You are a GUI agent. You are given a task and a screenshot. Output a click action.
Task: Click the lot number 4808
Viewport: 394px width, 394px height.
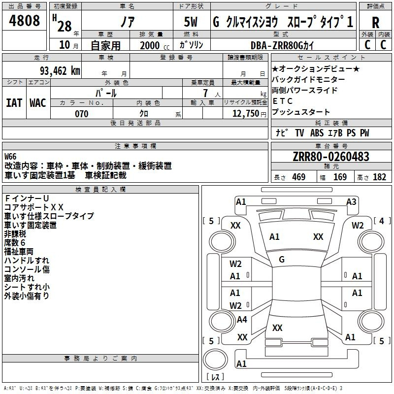[x=24, y=20]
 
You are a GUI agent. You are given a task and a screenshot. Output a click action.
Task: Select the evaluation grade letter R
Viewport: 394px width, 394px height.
[x=375, y=23]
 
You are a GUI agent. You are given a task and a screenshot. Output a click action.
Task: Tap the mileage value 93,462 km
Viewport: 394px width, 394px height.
[x=60, y=71]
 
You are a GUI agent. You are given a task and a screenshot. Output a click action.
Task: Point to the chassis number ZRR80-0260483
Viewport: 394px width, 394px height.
[x=331, y=156]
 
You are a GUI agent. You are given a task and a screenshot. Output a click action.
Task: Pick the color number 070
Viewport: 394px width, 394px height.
[x=82, y=114]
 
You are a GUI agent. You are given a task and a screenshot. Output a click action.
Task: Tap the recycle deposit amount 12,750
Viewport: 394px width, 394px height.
[x=246, y=114]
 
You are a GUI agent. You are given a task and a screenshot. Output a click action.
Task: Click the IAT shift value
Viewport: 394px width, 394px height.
[x=14, y=103]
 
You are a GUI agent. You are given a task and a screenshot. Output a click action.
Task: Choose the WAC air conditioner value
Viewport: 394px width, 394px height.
[x=38, y=103]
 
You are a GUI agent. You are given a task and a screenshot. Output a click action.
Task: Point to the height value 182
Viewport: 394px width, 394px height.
[x=379, y=177]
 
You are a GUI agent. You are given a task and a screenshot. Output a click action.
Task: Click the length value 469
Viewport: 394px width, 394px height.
[x=299, y=177]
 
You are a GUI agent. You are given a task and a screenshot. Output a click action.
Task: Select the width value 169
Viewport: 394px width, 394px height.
[x=340, y=177]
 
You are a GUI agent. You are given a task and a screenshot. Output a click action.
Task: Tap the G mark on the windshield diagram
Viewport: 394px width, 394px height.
[x=282, y=260]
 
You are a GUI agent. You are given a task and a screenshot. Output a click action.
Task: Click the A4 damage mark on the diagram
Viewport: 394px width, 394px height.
[x=242, y=320]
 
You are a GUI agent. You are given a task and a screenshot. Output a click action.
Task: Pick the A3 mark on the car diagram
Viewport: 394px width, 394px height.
[x=351, y=202]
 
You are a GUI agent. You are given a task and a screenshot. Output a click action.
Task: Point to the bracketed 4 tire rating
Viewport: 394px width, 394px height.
[x=382, y=221]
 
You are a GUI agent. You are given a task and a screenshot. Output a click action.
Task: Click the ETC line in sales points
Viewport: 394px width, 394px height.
[x=282, y=101]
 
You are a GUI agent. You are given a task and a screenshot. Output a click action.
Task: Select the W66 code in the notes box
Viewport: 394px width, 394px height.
[x=10, y=157]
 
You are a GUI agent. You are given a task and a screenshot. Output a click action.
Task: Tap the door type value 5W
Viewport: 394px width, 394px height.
[x=191, y=22]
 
